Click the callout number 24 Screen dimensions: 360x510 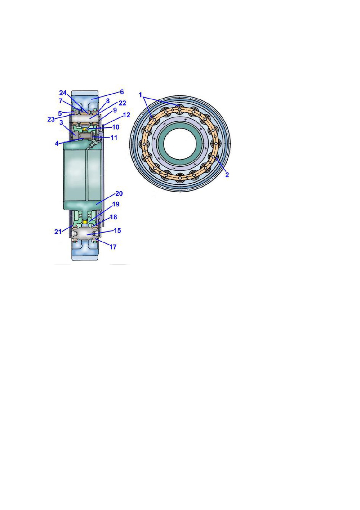[63, 93]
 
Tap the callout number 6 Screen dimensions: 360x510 [122, 92]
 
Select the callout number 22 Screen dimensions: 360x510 [122, 103]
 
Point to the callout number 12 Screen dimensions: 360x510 [126, 115]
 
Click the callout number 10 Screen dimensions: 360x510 [116, 127]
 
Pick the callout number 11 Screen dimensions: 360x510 [114, 138]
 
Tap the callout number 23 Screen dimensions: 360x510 [51, 119]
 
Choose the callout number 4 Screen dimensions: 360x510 [57, 143]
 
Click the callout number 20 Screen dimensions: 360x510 [119, 193]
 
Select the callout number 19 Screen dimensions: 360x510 [116, 204]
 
